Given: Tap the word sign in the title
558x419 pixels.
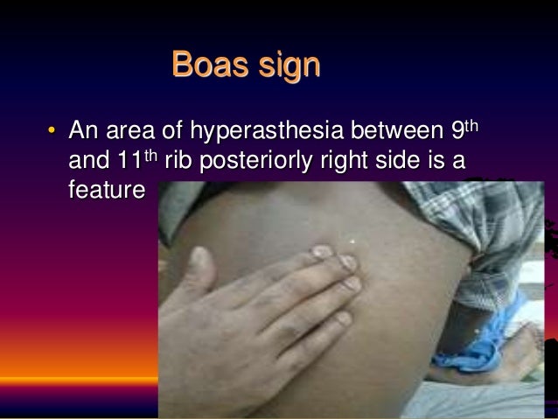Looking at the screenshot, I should [x=287, y=66].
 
